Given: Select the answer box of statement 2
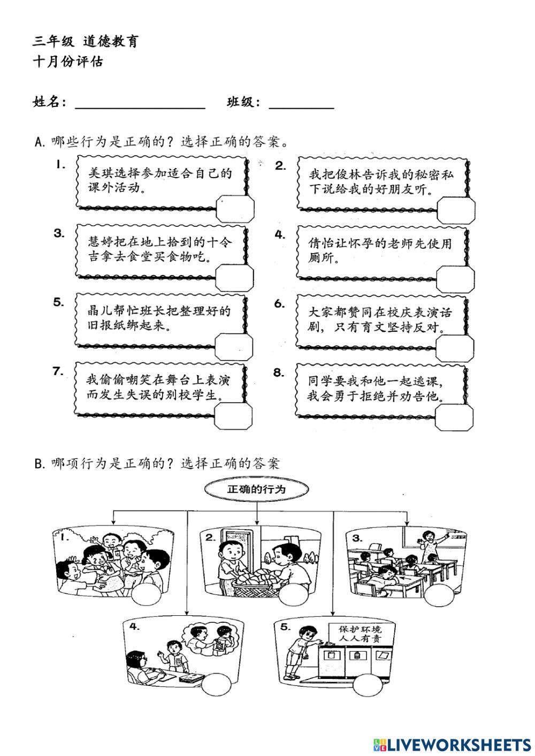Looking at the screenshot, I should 455,209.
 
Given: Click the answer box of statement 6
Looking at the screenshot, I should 455,348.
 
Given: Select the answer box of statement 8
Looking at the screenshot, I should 455,417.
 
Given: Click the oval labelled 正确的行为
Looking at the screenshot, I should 257,490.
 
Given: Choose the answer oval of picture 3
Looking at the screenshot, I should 440,595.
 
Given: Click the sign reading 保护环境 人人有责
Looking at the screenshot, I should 364,634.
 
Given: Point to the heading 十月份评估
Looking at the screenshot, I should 68,62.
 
